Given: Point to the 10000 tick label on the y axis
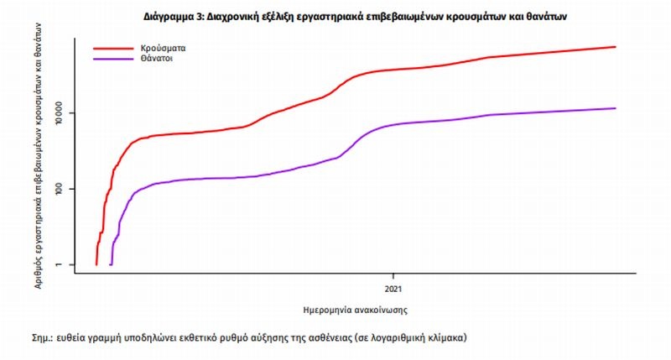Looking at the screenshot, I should pyautogui.click(x=65, y=113).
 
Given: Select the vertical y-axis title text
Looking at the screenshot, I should pyautogui.click(x=40, y=156).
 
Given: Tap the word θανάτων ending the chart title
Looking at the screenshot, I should pyautogui.click(x=548, y=16).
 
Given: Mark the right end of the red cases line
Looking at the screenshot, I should pyautogui.click(x=616, y=47).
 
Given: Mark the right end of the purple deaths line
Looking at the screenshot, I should pyautogui.click(x=616, y=108).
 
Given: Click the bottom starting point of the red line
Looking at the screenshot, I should pyautogui.click(x=96, y=264).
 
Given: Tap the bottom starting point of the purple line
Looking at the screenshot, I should pyautogui.click(x=111, y=264).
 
